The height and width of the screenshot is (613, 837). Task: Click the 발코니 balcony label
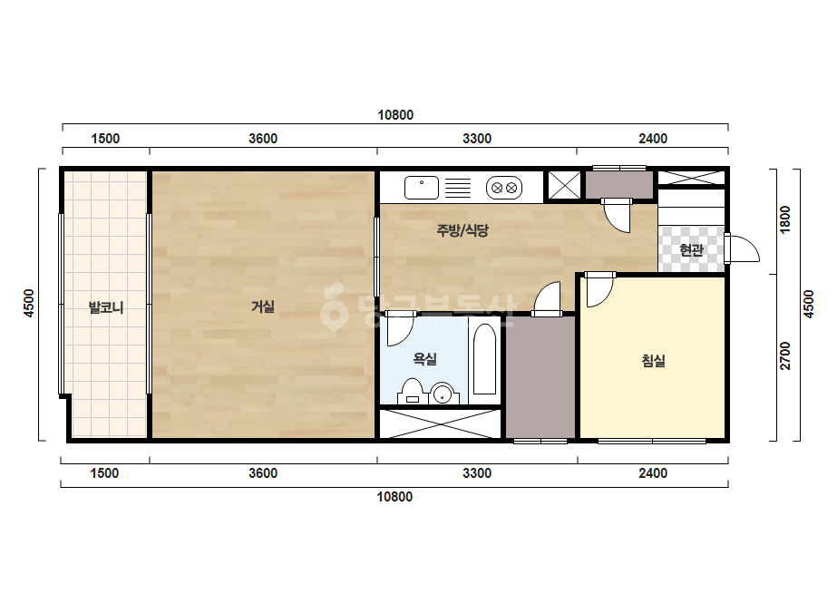106,307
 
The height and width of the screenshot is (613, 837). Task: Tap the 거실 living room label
263,306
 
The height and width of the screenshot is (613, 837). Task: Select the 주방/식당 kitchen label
462,230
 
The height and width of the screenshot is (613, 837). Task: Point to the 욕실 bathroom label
425,359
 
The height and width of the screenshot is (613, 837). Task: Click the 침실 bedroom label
654,360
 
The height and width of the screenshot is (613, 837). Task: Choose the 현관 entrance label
691,249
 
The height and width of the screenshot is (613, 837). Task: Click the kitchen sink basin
421,188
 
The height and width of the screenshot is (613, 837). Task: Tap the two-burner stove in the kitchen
504,188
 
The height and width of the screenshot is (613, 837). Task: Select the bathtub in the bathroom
484,359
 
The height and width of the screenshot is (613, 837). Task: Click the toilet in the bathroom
412,392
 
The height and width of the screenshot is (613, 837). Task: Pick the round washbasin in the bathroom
443,394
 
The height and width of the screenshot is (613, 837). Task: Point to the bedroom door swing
599,292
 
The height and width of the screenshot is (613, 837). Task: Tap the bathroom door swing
400,330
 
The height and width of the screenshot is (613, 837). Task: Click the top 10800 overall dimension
395,115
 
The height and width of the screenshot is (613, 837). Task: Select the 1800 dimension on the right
785,219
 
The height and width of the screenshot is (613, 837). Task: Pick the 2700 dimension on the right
785,355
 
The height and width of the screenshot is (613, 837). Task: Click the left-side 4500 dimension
29,303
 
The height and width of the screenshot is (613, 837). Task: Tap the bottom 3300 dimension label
477,473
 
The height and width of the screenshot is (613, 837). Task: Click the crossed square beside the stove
564,186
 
